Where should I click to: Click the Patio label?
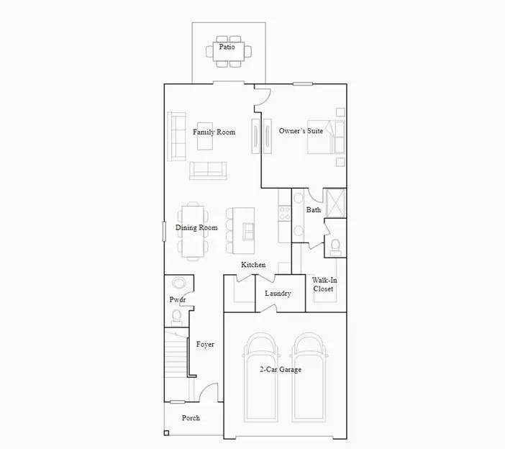coord(227,47)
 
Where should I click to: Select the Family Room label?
coord(214,132)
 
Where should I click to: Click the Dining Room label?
coord(196,228)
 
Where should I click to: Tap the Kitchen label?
coord(253,265)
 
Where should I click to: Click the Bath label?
coord(314,210)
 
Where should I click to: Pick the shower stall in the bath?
coord(336,202)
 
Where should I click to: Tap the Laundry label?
coord(278,294)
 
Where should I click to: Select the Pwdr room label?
coord(177,299)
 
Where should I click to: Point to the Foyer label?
coord(205,345)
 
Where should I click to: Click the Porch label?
coord(191,418)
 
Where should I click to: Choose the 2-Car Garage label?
coord(281,370)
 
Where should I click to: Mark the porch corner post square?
coord(167,432)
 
